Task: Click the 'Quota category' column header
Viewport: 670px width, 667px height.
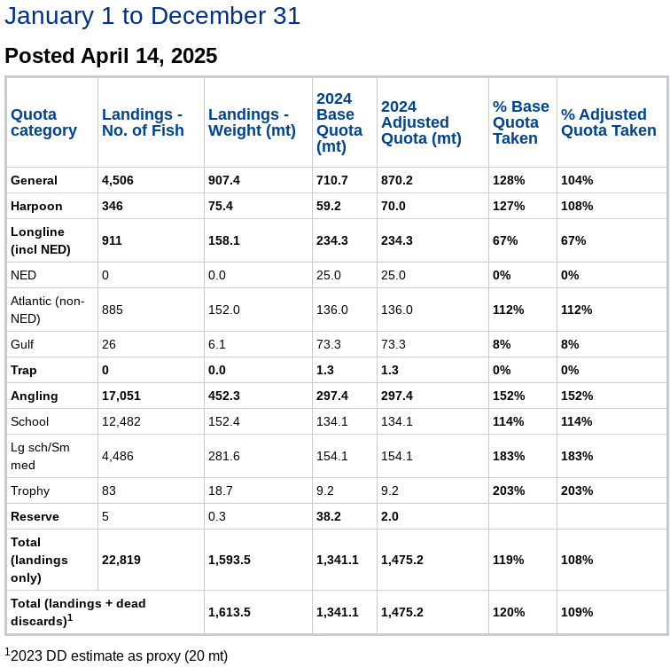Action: tap(43, 122)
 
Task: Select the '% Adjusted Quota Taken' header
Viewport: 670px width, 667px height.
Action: tap(609, 122)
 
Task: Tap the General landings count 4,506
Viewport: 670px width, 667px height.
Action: tap(118, 180)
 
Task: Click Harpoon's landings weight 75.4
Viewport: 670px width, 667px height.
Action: tap(221, 206)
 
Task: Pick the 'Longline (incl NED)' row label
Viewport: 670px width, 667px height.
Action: tap(41, 240)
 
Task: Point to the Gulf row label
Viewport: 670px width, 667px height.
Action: tap(22, 344)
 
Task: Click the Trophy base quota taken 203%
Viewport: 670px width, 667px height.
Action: tap(509, 490)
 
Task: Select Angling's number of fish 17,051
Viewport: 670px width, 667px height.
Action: tap(121, 396)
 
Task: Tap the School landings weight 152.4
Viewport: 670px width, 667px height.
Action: tap(224, 421)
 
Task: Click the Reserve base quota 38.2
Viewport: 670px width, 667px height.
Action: tap(329, 516)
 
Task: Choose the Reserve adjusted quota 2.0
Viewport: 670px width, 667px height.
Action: tap(390, 516)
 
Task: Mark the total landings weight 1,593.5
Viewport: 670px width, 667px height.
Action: tap(230, 560)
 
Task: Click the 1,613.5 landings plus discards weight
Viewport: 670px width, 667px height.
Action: tap(230, 612)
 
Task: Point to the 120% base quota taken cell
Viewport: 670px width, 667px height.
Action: tap(509, 612)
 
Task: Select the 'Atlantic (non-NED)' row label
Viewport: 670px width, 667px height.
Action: tap(48, 310)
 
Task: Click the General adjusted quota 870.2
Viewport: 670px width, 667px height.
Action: tap(397, 180)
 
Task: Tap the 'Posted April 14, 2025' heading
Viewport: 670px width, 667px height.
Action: tap(111, 56)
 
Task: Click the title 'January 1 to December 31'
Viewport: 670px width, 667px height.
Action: tap(152, 16)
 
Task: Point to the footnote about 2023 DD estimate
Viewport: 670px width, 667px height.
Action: tap(116, 655)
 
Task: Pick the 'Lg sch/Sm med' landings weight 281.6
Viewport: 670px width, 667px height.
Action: tap(224, 456)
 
